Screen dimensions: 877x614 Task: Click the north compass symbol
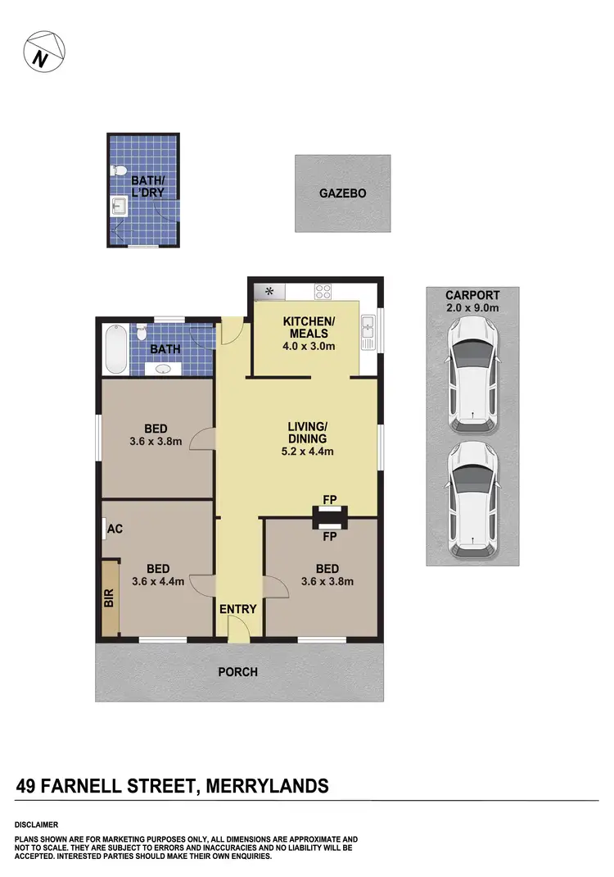44,52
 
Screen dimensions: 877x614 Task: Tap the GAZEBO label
342,194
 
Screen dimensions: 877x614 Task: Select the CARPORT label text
472,295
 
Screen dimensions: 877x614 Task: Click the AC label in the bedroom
115,529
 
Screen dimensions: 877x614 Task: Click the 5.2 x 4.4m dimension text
308,451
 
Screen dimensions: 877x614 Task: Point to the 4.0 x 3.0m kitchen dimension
305,346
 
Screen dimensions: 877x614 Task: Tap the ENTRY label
238,609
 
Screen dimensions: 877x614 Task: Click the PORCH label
237,672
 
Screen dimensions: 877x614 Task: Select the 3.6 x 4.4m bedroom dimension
158,582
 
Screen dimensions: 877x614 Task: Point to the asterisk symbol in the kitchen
268,290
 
